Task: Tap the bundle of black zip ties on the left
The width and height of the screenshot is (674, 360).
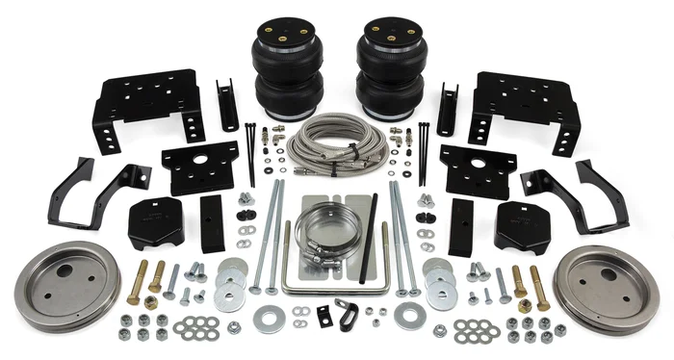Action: coord(250,152)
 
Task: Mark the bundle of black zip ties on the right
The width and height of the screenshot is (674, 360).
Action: coord(424,152)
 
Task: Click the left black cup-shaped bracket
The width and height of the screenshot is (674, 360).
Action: coord(154,223)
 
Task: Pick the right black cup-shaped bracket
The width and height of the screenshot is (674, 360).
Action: coord(520,223)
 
